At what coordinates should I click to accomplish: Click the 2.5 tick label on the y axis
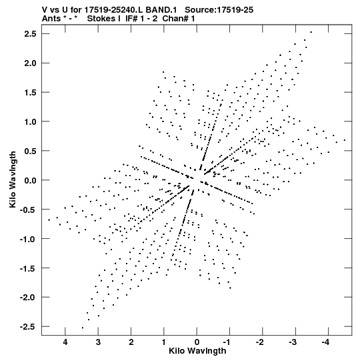point(31,34)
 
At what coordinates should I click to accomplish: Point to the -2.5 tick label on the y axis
point(28,326)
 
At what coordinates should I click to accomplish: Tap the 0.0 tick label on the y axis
point(31,180)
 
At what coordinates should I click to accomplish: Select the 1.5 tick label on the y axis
point(31,92)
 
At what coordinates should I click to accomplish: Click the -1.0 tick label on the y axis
point(28,239)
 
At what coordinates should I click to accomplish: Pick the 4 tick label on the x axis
point(65,342)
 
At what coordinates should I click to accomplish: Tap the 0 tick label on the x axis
point(197,342)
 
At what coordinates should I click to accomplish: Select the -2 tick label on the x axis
point(261,342)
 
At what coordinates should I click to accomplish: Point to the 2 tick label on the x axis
point(131,342)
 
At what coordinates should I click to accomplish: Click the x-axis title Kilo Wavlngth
point(197,351)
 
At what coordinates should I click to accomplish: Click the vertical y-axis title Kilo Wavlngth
point(13,179)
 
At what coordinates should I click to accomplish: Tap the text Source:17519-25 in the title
point(219,9)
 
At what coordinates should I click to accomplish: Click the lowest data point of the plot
point(83,328)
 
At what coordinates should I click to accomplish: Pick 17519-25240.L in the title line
point(113,9)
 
